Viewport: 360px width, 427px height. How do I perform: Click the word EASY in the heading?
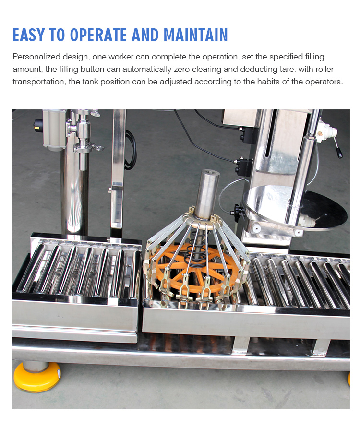pos(29,35)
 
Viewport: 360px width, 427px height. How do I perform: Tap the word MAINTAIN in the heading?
pos(195,35)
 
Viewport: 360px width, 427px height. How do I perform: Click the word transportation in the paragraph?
pos(38,82)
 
